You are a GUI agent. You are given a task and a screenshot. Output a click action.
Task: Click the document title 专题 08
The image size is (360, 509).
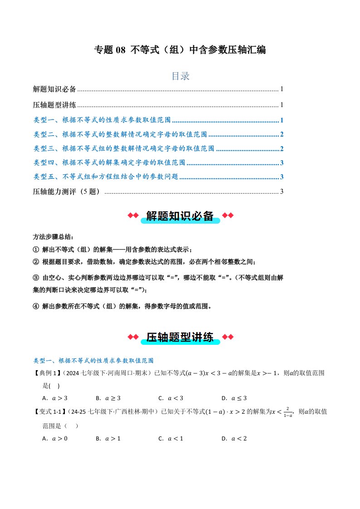pos(180,50)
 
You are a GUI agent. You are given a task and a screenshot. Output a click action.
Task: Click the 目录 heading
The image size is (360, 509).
pos(180,76)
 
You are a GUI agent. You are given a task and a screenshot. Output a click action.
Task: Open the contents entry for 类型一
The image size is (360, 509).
pos(102,121)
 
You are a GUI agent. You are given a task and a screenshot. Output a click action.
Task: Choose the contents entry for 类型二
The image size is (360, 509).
pos(120,135)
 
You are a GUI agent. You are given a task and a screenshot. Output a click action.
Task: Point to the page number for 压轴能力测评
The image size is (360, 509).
pos(282,191)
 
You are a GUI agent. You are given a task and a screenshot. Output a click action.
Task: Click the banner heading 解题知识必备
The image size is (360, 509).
pos(180,216)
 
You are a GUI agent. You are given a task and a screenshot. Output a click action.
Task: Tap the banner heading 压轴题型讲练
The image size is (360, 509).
pos(180,337)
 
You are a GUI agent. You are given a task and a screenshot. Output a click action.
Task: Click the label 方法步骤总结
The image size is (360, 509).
pos(53,237)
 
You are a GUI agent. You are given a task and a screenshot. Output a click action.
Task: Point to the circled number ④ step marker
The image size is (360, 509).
pos(36,306)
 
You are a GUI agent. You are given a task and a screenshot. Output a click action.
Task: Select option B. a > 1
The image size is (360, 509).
pos(108,438)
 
